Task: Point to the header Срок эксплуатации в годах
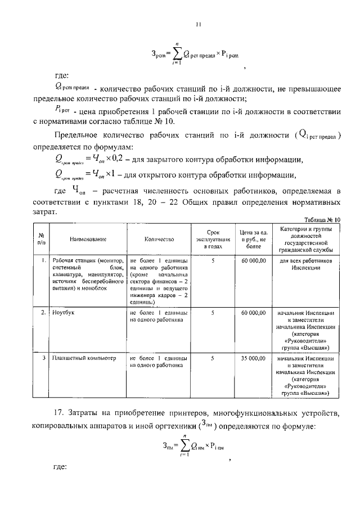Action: point(213,239)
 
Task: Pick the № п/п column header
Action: point(42,239)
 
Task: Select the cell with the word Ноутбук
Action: point(63,312)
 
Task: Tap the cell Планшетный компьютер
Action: point(83,358)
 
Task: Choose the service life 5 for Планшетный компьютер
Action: point(213,358)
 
